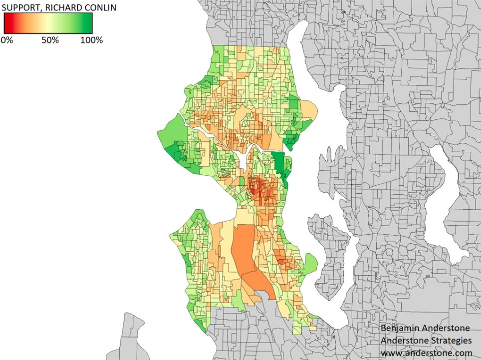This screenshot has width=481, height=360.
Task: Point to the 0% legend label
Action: [7, 40]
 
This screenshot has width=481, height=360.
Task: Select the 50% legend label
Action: [50, 40]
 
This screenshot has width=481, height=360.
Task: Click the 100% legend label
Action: [91, 40]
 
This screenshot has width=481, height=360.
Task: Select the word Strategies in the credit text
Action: [448, 341]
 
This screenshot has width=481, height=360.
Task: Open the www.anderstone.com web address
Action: [426, 353]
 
